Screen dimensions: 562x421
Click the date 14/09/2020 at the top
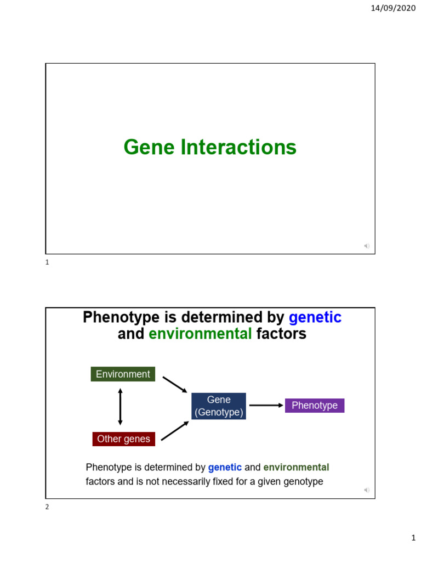(x=394, y=8)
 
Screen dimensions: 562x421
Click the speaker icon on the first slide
(x=367, y=246)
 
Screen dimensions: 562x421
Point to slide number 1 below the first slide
(x=47, y=263)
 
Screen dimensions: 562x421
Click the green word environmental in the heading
(x=200, y=333)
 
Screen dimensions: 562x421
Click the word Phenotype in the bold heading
(x=119, y=317)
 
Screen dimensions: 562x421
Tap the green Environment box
(x=123, y=374)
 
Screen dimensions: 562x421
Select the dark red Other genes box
(x=123, y=439)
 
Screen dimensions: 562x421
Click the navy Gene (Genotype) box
(x=219, y=406)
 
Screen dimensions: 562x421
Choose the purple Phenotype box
(x=315, y=406)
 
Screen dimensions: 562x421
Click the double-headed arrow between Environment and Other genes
(x=120, y=407)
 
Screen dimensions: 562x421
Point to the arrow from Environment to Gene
(x=175, y=385)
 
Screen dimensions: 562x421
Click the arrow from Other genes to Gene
(x=175, y=431)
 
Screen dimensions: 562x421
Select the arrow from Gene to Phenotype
(x=265, y=406)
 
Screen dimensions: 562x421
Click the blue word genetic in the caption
(x=225, y=468)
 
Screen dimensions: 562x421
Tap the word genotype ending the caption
(x=303, y=482)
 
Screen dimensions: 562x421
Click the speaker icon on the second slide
(x=367, y=490)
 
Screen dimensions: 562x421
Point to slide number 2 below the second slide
(x=47, y=507)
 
